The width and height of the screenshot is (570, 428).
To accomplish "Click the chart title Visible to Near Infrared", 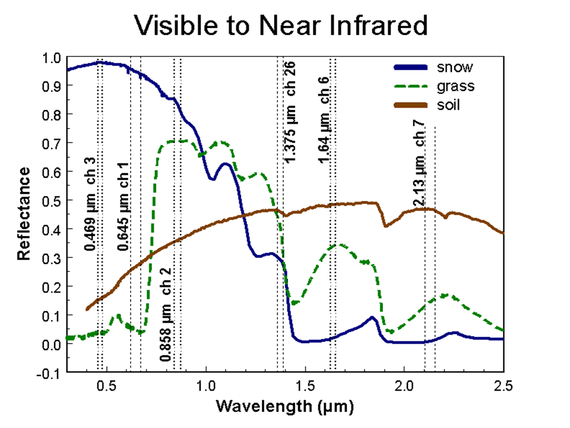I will (x=280, y=26).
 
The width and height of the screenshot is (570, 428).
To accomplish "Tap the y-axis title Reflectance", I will (x=24, y=213).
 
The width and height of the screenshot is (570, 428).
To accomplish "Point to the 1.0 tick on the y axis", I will (x=52, y=58).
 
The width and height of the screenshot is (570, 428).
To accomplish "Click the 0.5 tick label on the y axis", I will (x=52, y=201).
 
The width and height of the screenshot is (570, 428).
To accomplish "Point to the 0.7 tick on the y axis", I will (x=52, y=143).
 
